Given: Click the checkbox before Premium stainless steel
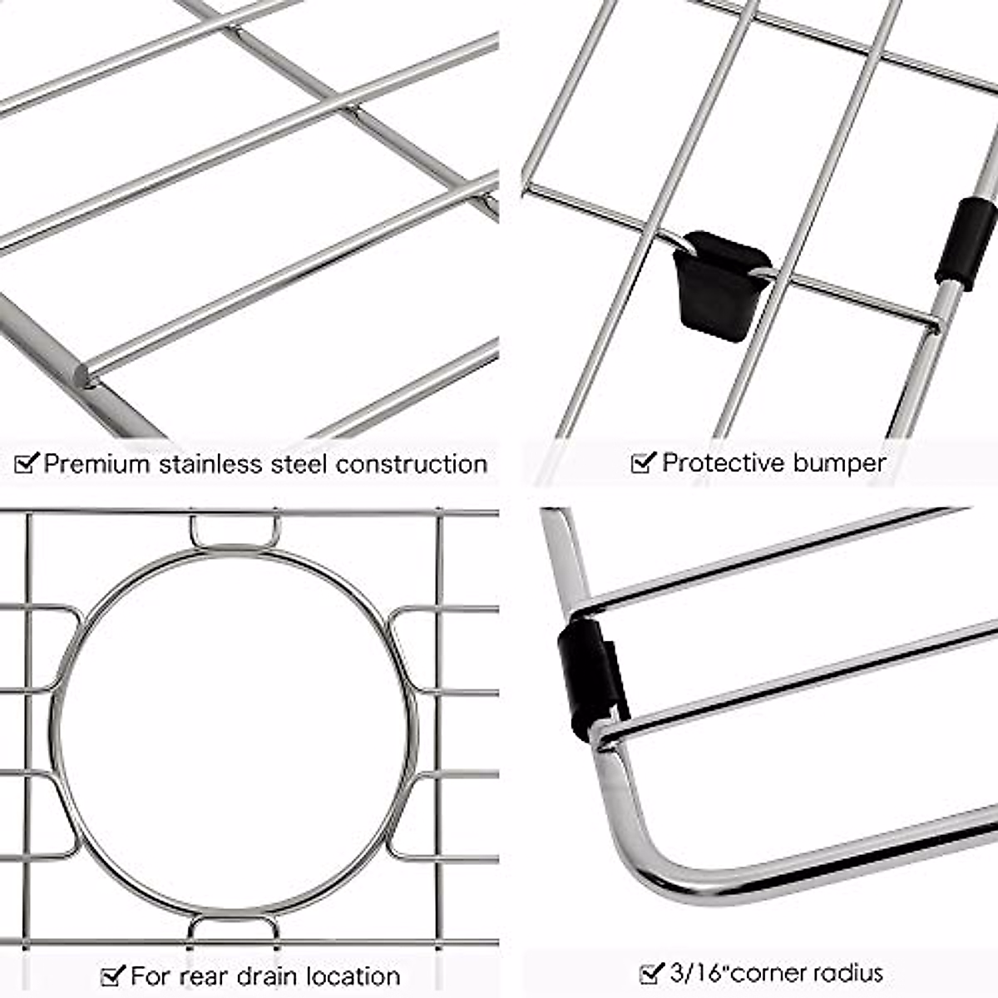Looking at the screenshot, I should (x=27, y=462).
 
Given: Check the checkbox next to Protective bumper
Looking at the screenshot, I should (x=643, y=462).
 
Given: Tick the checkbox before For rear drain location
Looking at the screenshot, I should (x=112, y=975).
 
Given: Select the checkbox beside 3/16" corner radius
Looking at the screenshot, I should (x=651, y=972).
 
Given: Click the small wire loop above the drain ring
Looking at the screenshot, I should (x=235, y=532).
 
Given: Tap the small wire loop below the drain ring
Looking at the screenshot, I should (x=233, y=927).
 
